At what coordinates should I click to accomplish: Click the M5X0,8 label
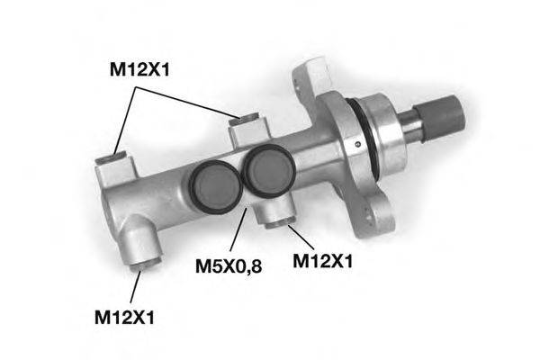point(229,266)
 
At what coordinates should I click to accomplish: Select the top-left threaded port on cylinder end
point(112,161)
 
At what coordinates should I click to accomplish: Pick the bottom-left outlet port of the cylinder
point(144,263)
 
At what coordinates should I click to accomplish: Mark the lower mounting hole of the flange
point(369,215)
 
